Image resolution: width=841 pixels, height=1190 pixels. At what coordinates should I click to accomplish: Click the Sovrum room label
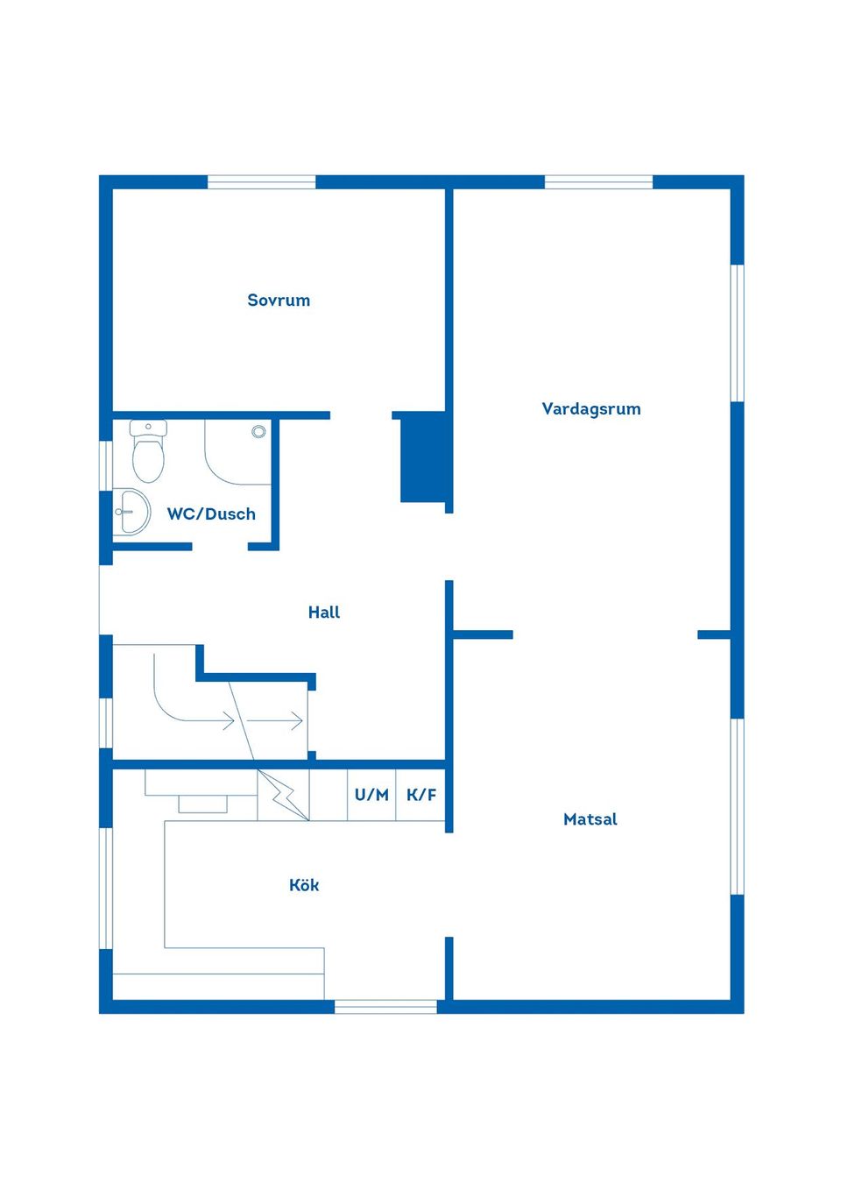click(279, 301)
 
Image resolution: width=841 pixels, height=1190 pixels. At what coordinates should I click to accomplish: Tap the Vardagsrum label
click(591, 408)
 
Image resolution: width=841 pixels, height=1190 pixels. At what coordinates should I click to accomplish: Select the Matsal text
click(590, 819)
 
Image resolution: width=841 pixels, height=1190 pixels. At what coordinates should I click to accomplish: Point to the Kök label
click(304, 885)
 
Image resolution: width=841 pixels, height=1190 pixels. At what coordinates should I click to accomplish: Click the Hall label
click(324, 613)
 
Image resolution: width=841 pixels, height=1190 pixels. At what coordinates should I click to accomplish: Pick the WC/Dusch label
click(211, 514)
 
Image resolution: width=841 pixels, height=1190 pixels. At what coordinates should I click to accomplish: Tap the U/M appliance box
click(371, 795)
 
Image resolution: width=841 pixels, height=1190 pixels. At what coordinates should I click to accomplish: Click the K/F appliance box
click(420, 795)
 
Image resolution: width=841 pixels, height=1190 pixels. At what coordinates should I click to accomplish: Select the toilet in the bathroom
click(148, 450)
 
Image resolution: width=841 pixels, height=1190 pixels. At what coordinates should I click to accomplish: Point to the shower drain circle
click(258, 431)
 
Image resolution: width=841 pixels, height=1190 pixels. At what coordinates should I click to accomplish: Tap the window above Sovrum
click(261, 181)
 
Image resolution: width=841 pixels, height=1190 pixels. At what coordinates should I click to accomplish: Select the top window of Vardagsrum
click(598, 181)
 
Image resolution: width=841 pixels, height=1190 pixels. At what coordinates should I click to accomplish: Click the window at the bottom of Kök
click(385, 1007)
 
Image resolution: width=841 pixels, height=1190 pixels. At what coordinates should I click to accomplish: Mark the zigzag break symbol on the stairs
click(282, 795)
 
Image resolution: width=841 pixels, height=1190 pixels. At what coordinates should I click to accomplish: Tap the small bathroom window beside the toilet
click(106, 465)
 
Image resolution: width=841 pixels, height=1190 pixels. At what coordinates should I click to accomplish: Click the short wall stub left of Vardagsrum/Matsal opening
click(483, 634)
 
